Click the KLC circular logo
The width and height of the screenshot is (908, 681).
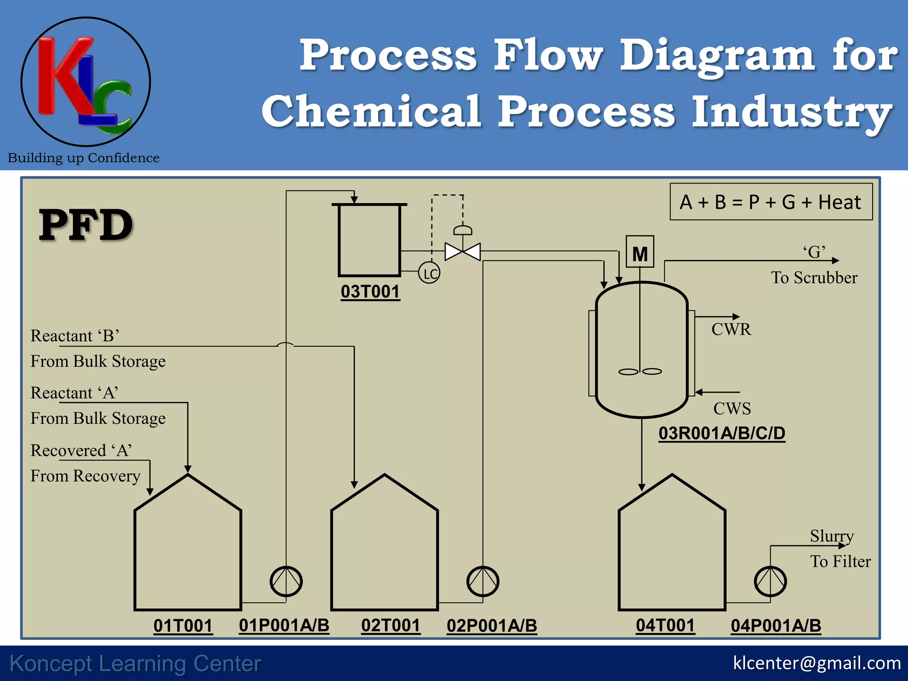[86, 82]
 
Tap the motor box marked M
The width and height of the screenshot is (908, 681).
[640, 252]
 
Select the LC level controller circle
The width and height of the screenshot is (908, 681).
[429, 273]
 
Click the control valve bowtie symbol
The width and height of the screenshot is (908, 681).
[462, 251]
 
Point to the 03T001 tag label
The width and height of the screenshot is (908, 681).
[370, 292]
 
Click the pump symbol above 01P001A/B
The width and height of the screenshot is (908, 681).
[286, 581]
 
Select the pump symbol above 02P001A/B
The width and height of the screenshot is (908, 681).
[483, 581]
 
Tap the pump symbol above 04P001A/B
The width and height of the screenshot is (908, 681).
[770, 581]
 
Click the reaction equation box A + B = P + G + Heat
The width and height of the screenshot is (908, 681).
[771, 202]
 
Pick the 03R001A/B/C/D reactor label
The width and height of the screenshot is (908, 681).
[722, 433]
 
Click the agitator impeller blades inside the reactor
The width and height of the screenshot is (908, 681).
[640, 372]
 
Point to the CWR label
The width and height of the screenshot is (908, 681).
[731, 329]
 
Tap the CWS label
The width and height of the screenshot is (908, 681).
[732, 408]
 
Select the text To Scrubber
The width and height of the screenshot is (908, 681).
[814, 278]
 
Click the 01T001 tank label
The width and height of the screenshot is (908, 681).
[183, 626]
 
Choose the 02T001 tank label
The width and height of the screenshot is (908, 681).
[391, 626]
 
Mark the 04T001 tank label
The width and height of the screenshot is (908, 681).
[665, 626]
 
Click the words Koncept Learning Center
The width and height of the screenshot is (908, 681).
[135, 664]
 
